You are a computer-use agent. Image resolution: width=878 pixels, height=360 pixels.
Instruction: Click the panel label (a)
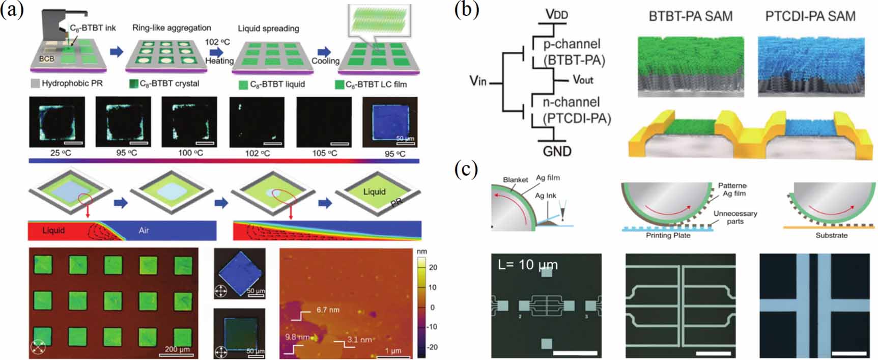[12, 10]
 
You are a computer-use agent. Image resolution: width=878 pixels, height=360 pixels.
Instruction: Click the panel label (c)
[466, 169]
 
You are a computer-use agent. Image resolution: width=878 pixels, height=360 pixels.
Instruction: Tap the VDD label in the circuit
[556, 14]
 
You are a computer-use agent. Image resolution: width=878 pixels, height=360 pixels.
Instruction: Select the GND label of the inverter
[557, 151]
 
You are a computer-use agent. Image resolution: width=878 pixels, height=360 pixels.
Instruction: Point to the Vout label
[583, 79]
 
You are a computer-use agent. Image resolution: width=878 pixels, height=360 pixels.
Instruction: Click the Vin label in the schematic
[478, 80]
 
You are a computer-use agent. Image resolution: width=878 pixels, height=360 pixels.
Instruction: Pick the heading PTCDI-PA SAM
[810, 16]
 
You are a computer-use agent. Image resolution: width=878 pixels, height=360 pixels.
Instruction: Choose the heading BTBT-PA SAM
[690, 16]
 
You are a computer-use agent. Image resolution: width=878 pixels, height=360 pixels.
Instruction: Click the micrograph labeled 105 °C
[324, 122]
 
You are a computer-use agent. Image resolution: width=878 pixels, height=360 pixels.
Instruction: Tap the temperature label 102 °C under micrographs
[258, 153]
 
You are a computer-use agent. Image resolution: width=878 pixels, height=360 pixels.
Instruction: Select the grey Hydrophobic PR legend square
[35, 84]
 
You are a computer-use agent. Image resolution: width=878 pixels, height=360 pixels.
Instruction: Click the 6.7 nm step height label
[328, 310]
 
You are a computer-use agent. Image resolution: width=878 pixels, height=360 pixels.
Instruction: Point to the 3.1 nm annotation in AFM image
[359, 340]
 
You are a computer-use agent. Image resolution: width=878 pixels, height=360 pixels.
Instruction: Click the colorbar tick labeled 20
[433, 267]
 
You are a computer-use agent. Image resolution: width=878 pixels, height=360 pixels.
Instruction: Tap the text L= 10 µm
[528, 265]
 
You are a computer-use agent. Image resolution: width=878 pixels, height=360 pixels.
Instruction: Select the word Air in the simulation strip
[144, 231]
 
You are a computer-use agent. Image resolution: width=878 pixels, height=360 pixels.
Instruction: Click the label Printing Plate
[668, 235]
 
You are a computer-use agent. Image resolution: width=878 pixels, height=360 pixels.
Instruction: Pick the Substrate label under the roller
[831, 235]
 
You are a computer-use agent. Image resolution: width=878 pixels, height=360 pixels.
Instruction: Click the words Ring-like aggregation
[172, 28]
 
